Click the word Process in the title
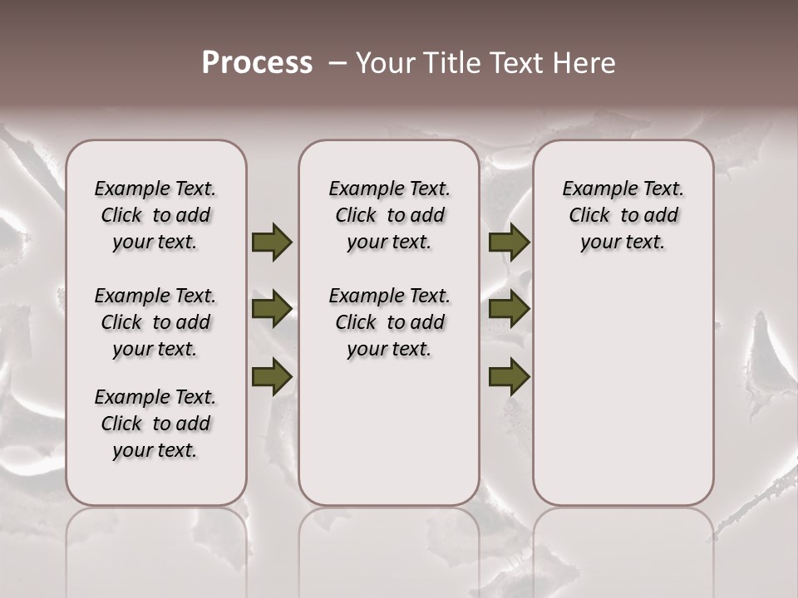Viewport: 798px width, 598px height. click(257, 63)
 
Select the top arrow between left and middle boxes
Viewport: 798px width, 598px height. click(272, 242)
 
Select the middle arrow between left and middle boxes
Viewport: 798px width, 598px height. click(272, 310)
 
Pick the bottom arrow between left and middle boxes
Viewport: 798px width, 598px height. click(272, 377)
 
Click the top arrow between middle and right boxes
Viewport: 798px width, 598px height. click(509, 242)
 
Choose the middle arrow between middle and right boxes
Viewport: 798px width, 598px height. click(509, 310)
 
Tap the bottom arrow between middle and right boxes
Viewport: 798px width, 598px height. click(509, 377)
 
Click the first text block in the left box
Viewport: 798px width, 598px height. click(155, 215)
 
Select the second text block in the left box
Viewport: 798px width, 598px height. click(155, 322)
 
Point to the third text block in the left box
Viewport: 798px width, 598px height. click(155, 424)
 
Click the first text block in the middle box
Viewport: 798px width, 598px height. click(389, 215)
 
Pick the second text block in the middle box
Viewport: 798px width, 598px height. click(389, 322)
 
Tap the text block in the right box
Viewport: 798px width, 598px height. click(623, 215)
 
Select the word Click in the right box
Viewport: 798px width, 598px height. click(589, 215)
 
